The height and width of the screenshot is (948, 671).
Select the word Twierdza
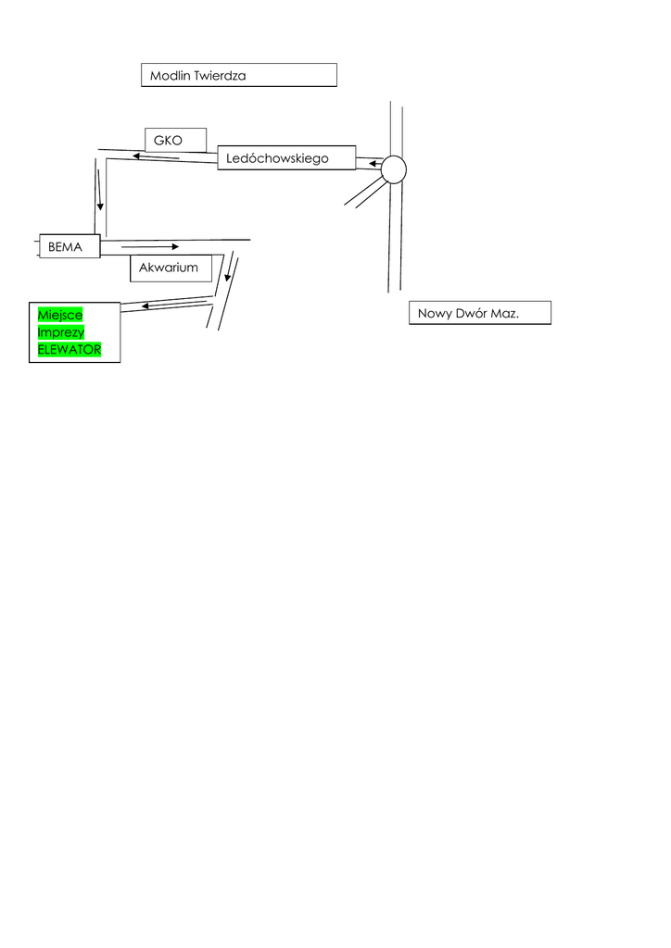(221, 75)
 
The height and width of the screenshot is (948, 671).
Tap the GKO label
(168, 141)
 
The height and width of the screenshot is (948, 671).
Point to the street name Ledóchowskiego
(277, 159)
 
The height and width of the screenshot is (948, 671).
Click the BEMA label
(65, 247)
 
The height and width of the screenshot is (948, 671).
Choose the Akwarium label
(169, 268)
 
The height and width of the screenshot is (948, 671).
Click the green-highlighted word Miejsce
(60, 316)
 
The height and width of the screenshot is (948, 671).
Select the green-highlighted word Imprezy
(60, 332)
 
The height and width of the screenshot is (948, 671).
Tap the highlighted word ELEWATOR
(69, 349)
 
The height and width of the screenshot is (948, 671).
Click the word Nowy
(434, 314)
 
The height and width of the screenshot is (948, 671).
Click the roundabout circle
(394, 169)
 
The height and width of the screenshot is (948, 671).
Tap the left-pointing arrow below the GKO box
(155, 156)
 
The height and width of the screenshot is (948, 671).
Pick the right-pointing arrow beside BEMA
(148, 247)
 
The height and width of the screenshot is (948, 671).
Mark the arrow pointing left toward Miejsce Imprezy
(171, 302)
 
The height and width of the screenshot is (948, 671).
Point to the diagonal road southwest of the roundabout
(364, 191)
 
